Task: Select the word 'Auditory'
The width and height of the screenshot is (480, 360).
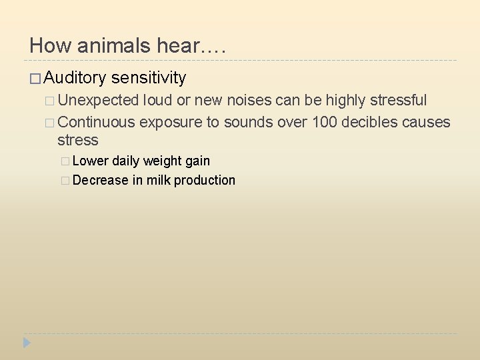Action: pos(75,78)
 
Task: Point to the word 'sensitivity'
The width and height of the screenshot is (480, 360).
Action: pos(149,78)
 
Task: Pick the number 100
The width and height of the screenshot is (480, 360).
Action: pos(325,122)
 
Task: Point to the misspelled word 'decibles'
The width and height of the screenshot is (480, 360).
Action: pos(369,122)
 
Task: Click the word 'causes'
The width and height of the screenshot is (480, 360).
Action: pos(427,122)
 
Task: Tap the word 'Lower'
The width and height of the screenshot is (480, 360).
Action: pos(91,161)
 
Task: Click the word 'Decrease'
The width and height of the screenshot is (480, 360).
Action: pos(100,180)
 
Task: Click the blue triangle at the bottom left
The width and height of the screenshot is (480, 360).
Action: pos(27,343)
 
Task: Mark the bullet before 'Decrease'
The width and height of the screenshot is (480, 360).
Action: pos(65,181)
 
